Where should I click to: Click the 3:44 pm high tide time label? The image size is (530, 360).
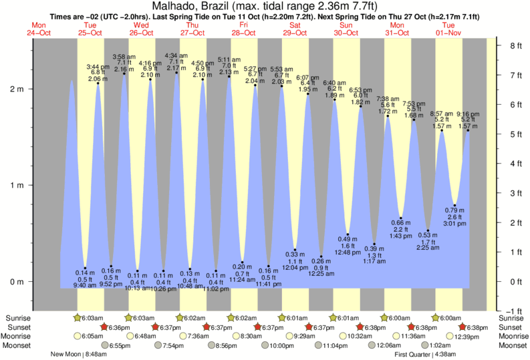pos(98,67)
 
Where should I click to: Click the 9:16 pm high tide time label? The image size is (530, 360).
pos(468,114)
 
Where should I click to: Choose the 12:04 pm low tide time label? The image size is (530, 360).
pos(295,267)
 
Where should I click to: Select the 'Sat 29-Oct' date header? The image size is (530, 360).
pos(294,28)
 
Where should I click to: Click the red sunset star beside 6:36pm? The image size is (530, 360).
pos(104,327)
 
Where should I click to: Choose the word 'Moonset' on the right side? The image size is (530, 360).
pos(513,345)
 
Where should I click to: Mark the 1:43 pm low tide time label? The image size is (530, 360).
pos(401,236)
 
